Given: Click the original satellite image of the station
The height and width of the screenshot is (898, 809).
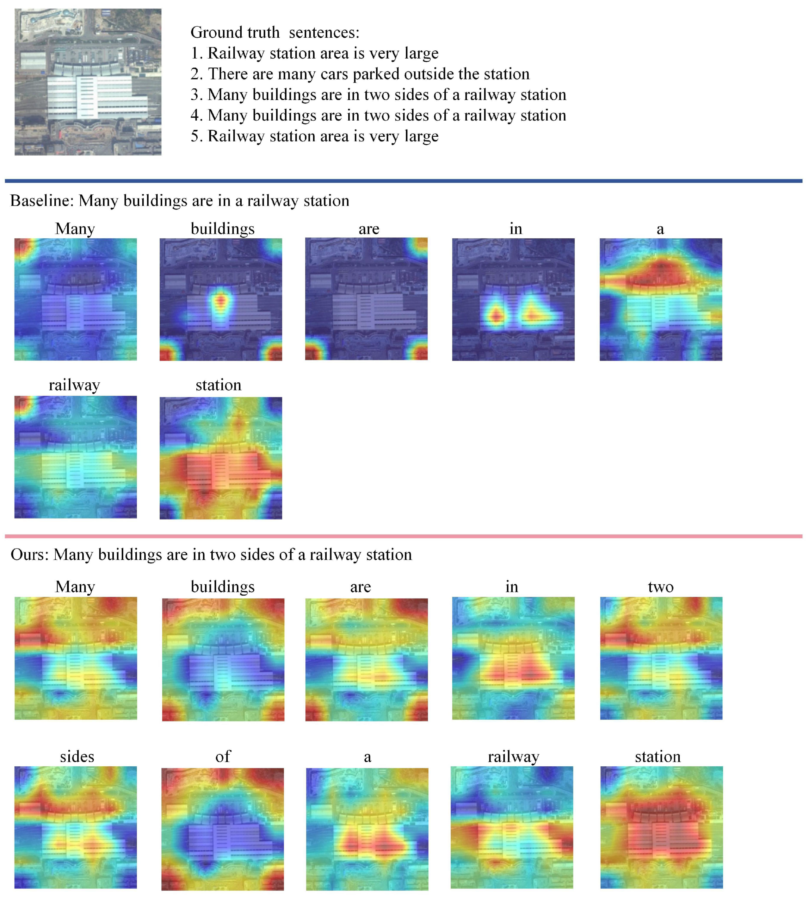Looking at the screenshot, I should pyautogui.click(x=88, y=82).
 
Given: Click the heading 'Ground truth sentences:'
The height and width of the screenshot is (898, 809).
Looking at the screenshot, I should pyautogui.click(x=275, y=33).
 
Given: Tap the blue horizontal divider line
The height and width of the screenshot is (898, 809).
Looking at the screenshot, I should pyautogui.click(x=404, y=181).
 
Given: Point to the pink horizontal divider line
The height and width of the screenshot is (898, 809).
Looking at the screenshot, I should pyautogui.click(x=404, y=536).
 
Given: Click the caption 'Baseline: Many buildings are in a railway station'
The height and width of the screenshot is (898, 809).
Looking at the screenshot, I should pyautogui.click(x=180, y=201).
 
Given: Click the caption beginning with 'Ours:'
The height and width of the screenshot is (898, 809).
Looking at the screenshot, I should pyautogui.click(x=211, y=555).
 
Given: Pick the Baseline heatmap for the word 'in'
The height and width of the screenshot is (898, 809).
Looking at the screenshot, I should pyautogui.click(x=513, y=299).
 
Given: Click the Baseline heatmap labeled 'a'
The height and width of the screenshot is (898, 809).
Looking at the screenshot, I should pyautogui.click(x=661, y=299).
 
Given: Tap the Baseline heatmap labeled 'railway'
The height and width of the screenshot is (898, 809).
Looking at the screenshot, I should pyautogui.click(x=76, y=457).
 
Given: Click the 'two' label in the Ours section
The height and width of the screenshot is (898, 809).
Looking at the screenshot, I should pyautogui.click(x=661, y=587).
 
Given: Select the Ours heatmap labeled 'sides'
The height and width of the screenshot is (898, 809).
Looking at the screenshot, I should pyautogui.click(x=76, y=827).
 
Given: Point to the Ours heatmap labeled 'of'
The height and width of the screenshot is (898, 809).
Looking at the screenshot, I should pyautogui.click(x=222, y=829).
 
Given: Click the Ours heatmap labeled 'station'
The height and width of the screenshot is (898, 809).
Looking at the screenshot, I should pyautogui.click(x=661, y=827).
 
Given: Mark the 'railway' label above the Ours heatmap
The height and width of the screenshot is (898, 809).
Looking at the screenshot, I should pyautogui.click(x=513, y=757).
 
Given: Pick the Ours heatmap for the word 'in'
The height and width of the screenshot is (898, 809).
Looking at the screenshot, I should pyautogui.click(x=513, y=658).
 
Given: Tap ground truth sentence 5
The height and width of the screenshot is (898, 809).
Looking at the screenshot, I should pyautogui.click(x=314, y=136).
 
